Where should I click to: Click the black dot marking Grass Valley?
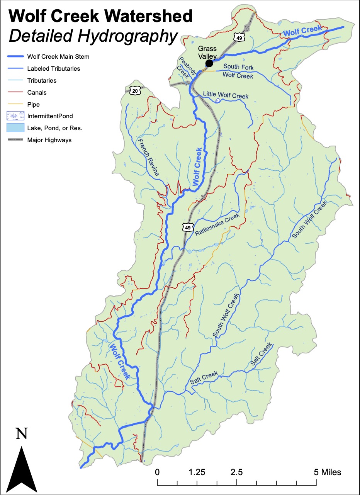tap(209, 63)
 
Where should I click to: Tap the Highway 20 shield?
tap(134, 90)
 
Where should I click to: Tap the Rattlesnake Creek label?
tap(217, 224)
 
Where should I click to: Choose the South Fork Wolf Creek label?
tap(238, 71)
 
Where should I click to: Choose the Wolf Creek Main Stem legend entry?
tap(58, 56)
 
